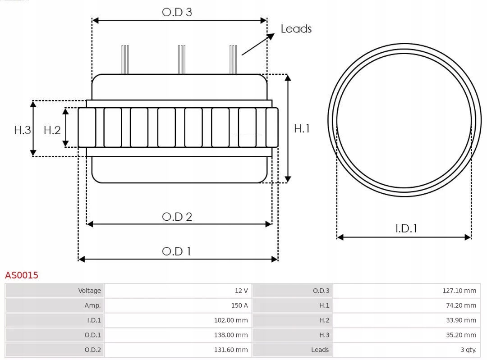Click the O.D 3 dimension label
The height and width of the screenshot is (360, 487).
(177, 12)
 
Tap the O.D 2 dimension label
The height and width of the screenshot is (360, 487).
(177, 217)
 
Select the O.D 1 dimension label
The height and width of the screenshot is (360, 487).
(176, 251)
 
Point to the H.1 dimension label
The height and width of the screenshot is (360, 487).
(302, 128)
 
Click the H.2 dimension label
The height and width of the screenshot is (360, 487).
(52, 130)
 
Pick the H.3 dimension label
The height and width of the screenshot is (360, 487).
(23, 130)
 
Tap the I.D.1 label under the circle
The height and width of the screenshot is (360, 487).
(406, 228)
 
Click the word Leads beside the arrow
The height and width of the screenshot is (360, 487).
(296, 29)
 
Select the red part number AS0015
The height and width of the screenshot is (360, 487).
(22, 275)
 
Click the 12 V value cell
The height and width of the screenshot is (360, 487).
(178, 291)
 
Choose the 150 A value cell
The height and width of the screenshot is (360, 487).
(178, 305)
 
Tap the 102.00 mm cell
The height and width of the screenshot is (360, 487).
(178, 320)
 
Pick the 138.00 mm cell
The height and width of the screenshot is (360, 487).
(178, 335)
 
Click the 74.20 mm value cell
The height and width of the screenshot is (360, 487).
(406, 305)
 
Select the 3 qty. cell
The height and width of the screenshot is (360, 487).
(406, 350)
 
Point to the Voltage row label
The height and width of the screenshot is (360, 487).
(55, 291)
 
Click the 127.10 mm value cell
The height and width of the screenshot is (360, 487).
(406, 291)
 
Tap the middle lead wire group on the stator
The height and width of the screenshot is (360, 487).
(182, 59)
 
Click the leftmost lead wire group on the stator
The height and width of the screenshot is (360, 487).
(125, 59)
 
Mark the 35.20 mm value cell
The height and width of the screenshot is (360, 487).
(406, 335)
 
